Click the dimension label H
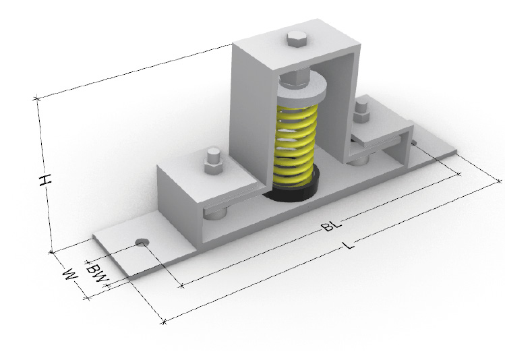click(45, 180)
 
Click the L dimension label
click(349, 245)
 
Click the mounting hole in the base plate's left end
click(142, 242)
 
